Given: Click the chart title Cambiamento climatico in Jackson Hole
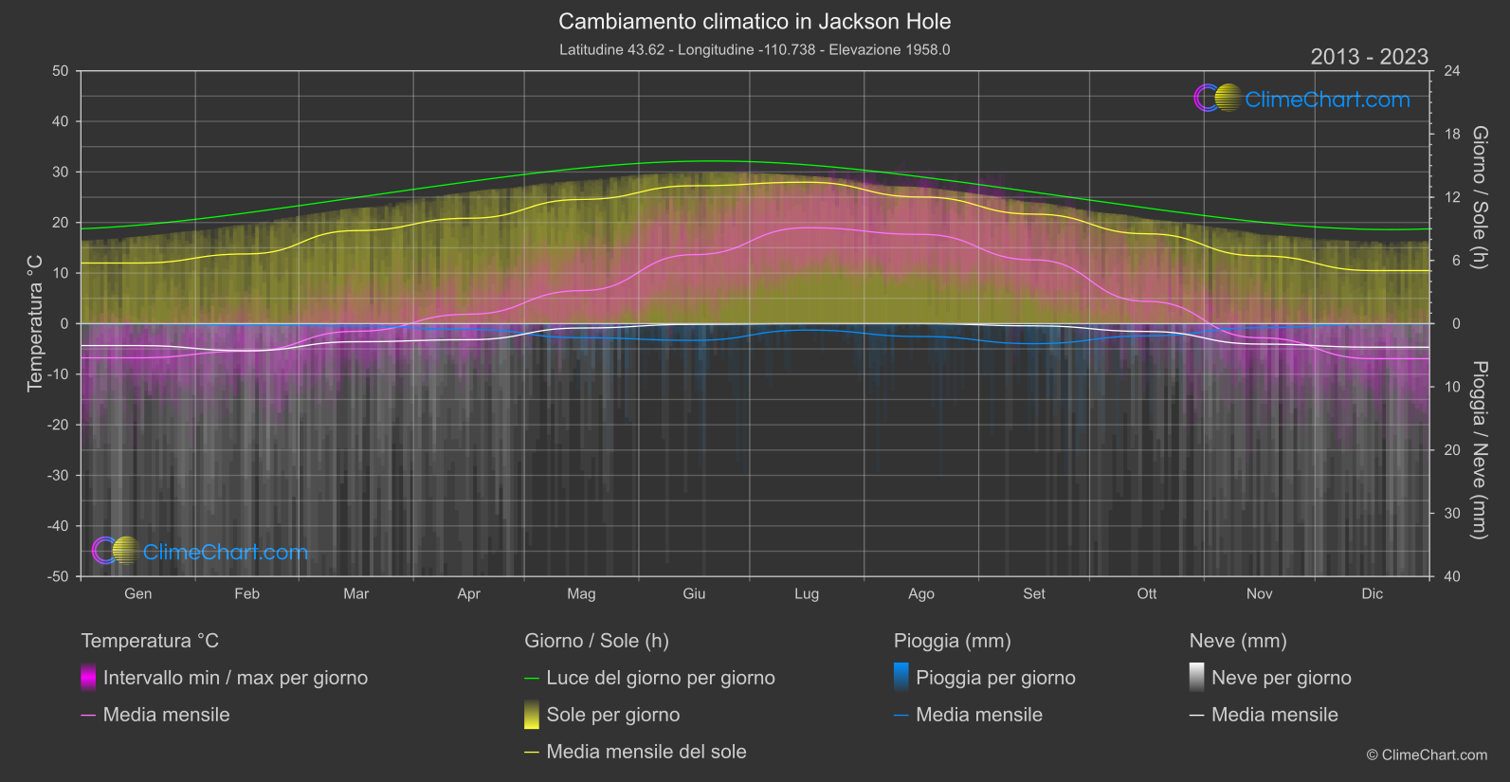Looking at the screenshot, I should (x=755, y=22).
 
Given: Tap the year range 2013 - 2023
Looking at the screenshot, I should (x=1369, y=57).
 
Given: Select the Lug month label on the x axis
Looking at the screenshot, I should (x=807, y=594).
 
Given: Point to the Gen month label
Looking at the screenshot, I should (x=137, y=594).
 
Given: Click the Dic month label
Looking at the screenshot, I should (x=1372, y=594).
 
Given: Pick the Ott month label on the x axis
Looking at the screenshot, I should (x=1146, y=594).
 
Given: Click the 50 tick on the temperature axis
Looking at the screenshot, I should (x=61, y=71).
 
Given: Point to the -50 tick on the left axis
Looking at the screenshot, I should (x=58, y=576).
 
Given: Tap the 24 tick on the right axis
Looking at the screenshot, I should (x=1451, y=71).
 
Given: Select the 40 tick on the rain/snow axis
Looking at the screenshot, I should (x=1451, y=576).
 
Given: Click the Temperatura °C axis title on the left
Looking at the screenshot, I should (x=35, y=323).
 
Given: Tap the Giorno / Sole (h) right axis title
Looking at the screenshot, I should (x=1479, y=197).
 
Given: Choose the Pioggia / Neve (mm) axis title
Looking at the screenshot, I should (x=1479, y=450).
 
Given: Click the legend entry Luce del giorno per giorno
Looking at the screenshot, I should (x=660, y=678).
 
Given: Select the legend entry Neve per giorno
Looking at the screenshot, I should (x=1281, y=678).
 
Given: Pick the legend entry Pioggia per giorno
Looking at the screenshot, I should (x=995, y=678).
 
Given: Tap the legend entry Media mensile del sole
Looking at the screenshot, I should (x=646, y=752).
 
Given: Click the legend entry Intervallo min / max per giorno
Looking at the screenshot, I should (x=235, y=678).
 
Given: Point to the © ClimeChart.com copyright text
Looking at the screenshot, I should (x=1427, y=755).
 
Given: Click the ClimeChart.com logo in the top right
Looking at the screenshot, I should (x=1302, y=99).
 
